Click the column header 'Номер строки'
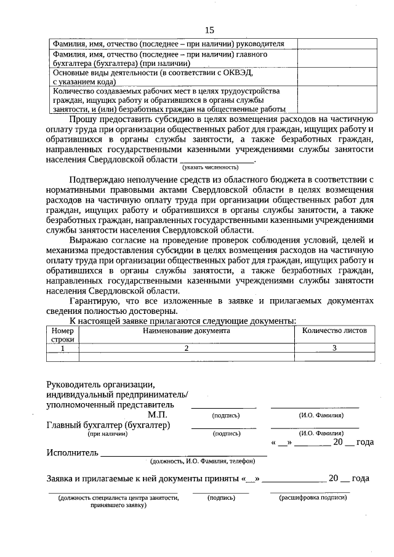62,335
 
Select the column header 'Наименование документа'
187,331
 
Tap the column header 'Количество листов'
334,331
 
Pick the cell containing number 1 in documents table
62,348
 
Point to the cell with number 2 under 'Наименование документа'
187,348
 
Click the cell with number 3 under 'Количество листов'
334,348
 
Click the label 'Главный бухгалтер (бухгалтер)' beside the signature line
108,425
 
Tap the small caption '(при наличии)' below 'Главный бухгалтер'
107,433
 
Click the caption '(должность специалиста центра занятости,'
118,497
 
